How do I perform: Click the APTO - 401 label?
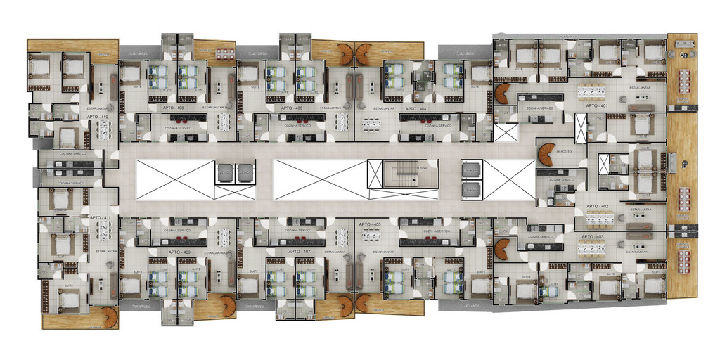[597, 106]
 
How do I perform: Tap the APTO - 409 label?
[179, 251]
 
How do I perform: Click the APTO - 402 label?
[597, 206]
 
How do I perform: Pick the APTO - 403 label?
[597, 236]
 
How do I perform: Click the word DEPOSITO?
[564, 150]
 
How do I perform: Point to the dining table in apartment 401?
[594, 91]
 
